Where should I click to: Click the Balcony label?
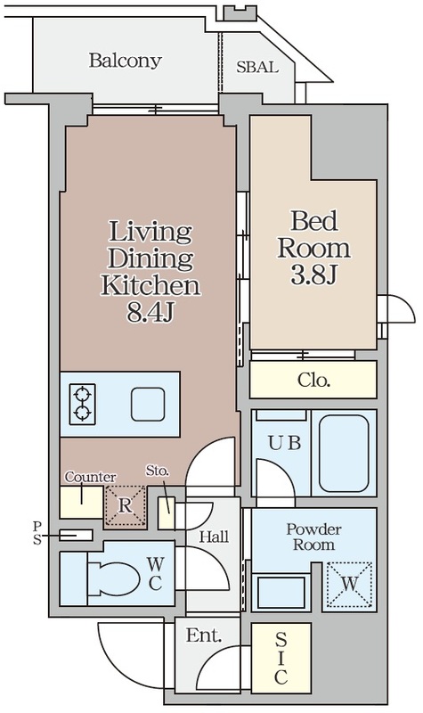[x=125, y=61]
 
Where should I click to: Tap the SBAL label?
[x=257, y=68]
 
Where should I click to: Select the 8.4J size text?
[x=150, y=313]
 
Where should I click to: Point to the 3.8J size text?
[x=313, y=275]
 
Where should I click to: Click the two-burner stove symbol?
[x=82, y=405]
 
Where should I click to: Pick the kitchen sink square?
[x=148, y=405]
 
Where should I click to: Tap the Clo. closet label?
[x=313, y=380]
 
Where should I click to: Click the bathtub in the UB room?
[x=344, y=453]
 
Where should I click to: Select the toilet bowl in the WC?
[x=113, y=578]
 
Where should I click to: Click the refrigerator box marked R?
[x=125, y=506]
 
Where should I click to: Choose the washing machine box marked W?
[x=349, y=585]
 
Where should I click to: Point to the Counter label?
[x=90, y=477]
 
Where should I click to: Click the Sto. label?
[x=158, y=471]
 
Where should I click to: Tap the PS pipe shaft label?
[x=37, y=533]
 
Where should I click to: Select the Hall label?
[x=214, y=537]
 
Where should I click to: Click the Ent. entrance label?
[x=204, y=635]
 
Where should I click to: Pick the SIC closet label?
[x=281, y=659]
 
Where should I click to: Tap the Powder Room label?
[x=313, y=537]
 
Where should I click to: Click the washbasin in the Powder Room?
[x=281, y=593]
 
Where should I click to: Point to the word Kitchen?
[x=150, y=285]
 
